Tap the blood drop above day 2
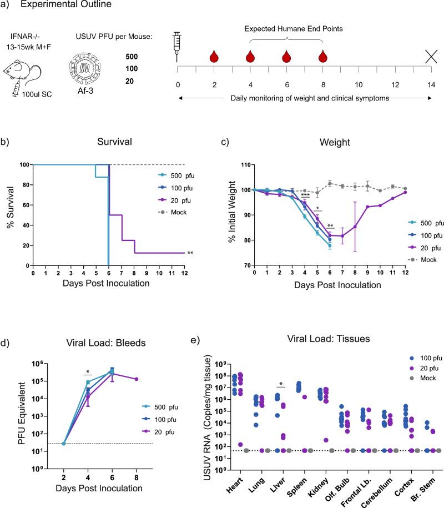click(x=214, y=56)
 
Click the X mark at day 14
click(x=431, y=56)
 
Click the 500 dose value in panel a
click(x=132, y=57)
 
